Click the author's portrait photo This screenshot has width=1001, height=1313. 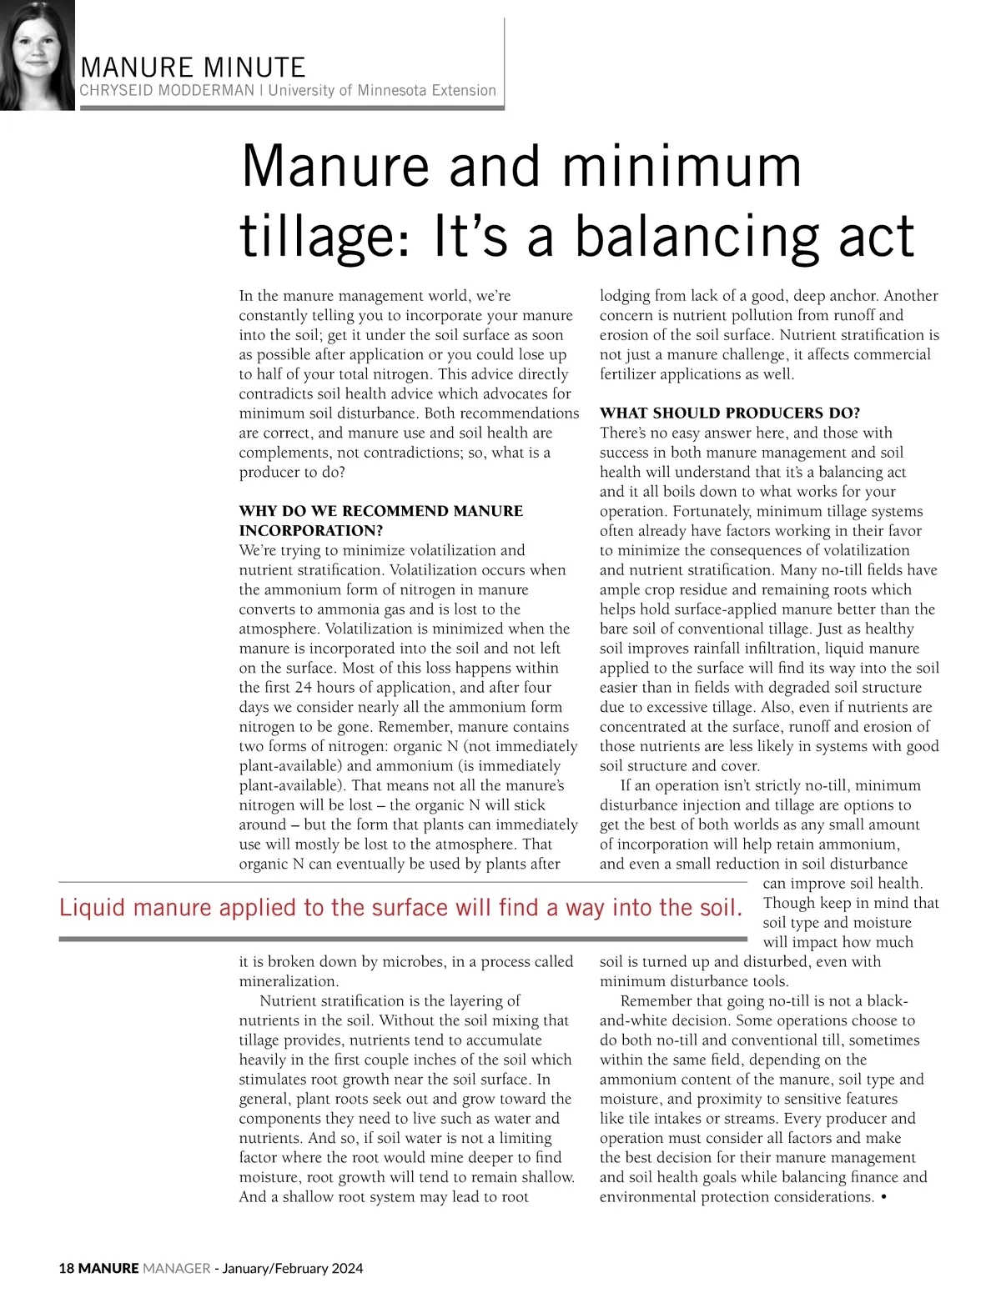37,55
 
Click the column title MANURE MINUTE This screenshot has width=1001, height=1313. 193,68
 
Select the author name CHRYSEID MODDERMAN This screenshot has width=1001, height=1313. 167,90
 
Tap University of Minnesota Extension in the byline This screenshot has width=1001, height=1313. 382,90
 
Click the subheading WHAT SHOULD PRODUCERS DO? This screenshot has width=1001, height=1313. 730,413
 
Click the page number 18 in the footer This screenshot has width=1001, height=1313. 66,1268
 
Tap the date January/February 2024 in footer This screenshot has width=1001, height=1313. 292,1268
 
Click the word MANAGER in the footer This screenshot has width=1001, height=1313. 177,1268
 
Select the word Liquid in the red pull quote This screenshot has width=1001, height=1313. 92,908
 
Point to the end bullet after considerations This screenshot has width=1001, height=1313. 883,1197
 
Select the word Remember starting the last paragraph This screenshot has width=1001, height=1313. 653,1001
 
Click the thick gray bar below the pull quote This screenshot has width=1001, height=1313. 402,940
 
